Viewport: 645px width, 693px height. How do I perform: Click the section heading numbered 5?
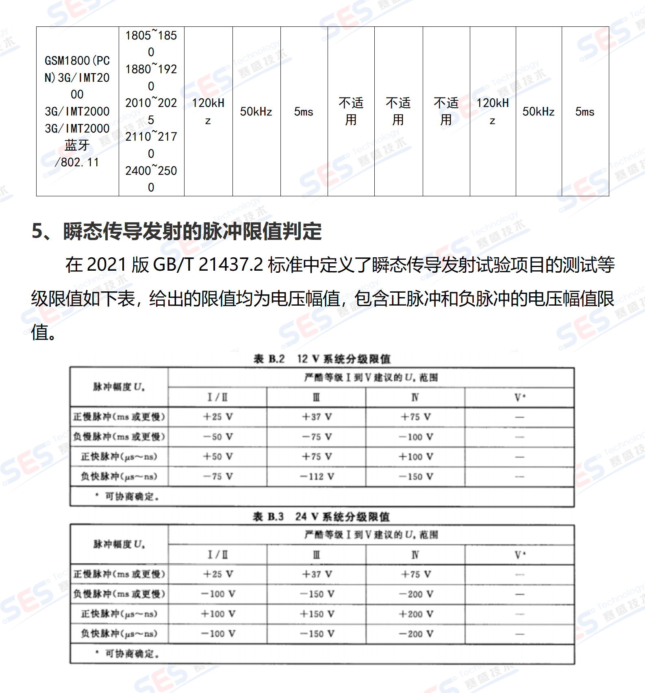click(176, 231)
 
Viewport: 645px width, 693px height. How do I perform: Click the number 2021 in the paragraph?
click(106, 265)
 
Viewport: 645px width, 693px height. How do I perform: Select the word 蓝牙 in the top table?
click(77, 145)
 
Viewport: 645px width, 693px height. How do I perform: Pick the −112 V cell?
click(317, 476)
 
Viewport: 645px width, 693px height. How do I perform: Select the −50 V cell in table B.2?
click(218, 437)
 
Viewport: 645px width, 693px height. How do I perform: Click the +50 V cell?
click(218, 456)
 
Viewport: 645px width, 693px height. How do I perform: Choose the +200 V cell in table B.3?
click(416, 614)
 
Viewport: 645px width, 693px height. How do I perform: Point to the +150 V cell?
click(317, 614)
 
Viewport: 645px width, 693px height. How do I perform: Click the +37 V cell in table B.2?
click(317, 417)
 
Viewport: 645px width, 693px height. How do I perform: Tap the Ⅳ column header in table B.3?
click(415, 555)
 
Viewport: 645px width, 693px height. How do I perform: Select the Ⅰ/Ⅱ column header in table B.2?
click(218, 397)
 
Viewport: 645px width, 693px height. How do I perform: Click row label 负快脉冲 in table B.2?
click(119, 476)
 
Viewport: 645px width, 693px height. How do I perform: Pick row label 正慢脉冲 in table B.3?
click(119, 574)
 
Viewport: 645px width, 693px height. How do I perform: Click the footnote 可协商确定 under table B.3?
click(131, 654)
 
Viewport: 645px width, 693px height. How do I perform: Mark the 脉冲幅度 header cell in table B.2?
click(119, 387)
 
